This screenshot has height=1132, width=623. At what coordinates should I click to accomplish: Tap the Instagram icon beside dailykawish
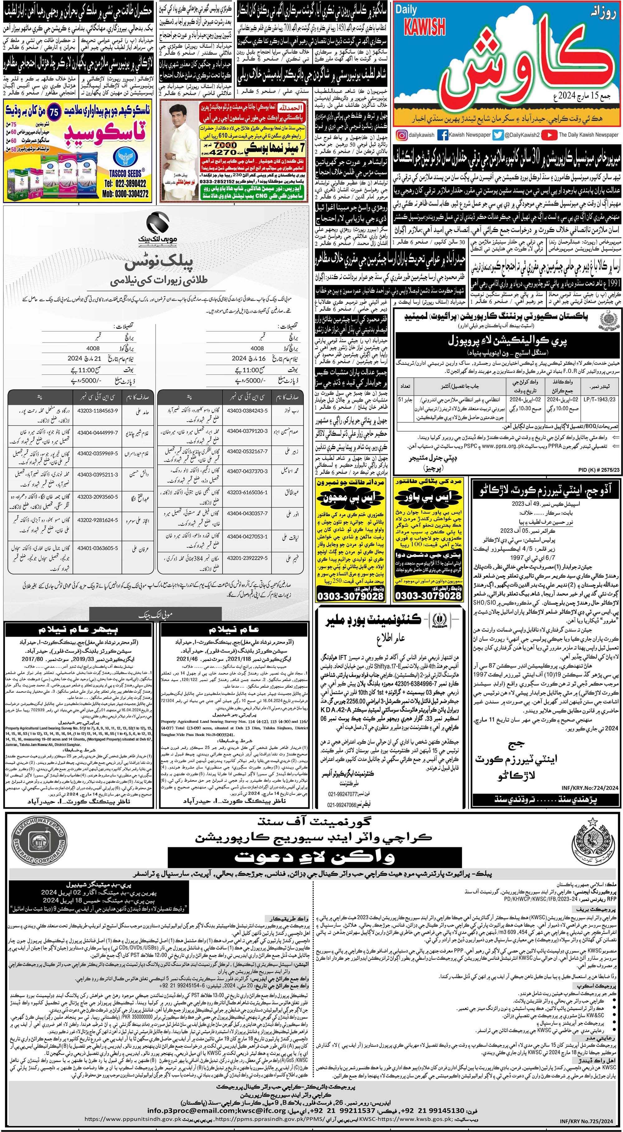point(401,135)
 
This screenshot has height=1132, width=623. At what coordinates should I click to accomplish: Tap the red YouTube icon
point(549,135)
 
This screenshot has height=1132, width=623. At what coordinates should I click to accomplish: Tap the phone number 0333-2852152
point(228,181)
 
